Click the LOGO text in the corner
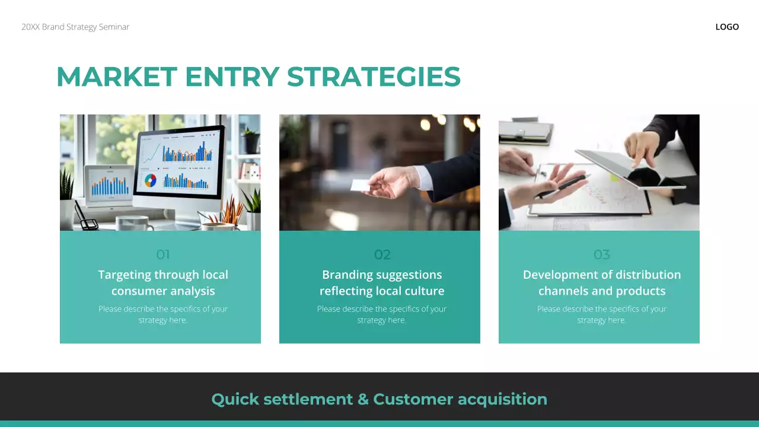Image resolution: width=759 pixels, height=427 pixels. coord(727,27)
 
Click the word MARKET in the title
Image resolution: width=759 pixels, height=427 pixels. coord(116,77)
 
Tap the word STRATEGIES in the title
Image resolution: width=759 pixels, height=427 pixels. coord(374,77)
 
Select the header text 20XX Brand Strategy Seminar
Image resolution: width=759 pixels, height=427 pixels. coord(75,27)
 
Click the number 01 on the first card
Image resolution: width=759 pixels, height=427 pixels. coord(163,255)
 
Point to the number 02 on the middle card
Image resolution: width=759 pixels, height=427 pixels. coord(382,255)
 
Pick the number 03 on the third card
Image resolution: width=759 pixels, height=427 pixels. coord(602,255)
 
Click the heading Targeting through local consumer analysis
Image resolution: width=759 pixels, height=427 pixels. coord(163,283)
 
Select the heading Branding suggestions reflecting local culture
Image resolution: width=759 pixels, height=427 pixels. coord(382,283)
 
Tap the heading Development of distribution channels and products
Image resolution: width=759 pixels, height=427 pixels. coord(602,283)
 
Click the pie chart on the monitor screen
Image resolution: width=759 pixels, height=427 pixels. coord(151,180)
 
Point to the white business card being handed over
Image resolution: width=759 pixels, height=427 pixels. coord(360,185)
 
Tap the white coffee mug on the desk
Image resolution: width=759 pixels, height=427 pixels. coord(132,224)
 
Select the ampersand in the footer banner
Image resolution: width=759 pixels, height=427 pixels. coord(363,399)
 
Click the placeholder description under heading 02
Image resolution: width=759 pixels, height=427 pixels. coord(382,314)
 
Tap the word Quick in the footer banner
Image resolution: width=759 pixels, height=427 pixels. coord(235,399)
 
